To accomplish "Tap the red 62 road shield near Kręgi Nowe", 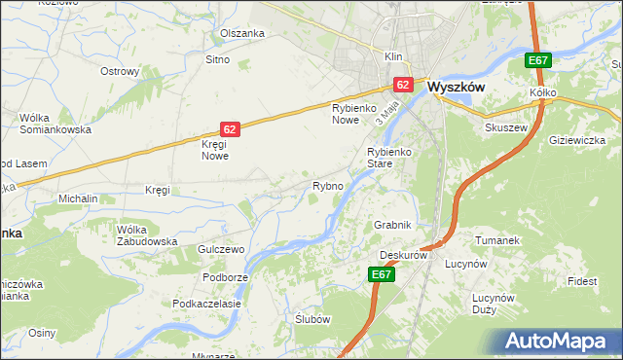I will point(229,128).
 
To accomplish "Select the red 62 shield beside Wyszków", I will point(403,85).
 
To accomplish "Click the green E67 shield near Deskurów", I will point(383,276).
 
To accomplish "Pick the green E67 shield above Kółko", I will point(537,60).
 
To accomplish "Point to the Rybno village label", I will point(327,186).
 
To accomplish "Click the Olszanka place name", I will point(242,33).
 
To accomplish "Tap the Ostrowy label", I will point(121,71).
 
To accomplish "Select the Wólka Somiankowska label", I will point(55,124).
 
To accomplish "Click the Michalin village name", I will point(79,198).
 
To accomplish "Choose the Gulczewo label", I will point(220,250).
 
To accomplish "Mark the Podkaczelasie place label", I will point(206,304).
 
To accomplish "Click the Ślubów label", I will point(313,319).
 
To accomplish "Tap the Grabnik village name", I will point(393,225).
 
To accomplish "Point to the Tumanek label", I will point(494,239).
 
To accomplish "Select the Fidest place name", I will point(583,281).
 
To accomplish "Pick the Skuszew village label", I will point(505,127).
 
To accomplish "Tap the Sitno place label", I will point(216,60).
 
